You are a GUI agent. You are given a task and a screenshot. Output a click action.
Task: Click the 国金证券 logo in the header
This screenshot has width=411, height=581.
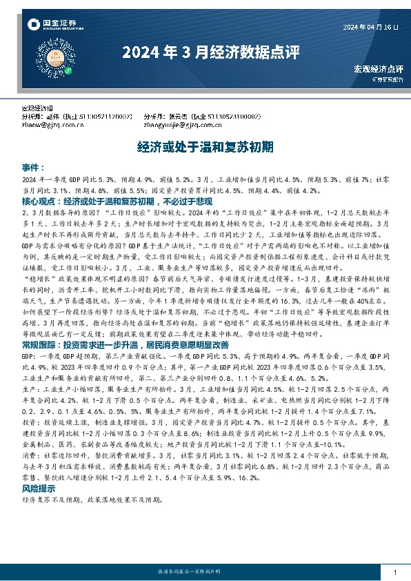[x=52, y=26]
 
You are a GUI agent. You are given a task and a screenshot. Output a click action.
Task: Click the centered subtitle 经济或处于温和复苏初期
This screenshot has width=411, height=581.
[x=205, y=147]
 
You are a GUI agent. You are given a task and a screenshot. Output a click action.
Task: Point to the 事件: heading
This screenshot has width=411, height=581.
[x=34, y=168]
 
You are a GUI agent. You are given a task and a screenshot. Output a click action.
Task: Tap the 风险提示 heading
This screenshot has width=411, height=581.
[x=39, y=489]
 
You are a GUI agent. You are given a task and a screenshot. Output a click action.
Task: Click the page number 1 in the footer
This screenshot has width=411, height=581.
[x=394, y=573]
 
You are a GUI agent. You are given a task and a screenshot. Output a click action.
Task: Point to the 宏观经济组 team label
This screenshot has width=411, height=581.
[x=39, y=110]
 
